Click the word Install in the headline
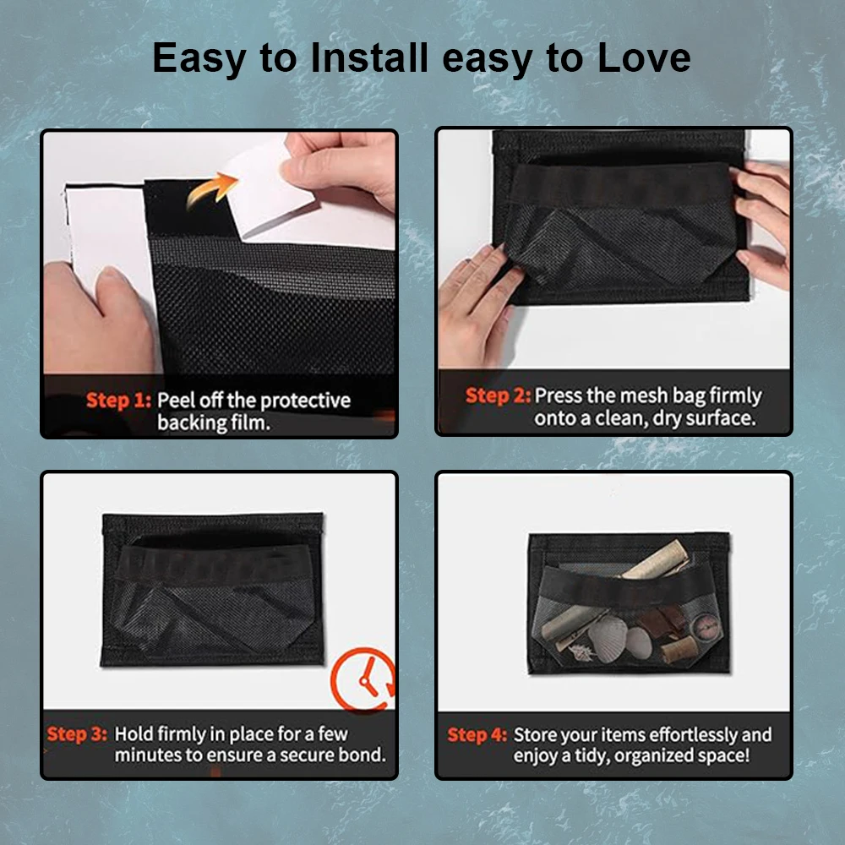[x=370, y=57]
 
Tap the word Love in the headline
[x=645, y=57]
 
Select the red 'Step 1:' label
[x=118, y=401]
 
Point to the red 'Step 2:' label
[x=498, y=395]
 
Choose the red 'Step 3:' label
[x=77, y=734]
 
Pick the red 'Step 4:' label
[x=477, y=735]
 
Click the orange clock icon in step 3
[x=363, y=680]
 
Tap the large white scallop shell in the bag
[x=607, y=638]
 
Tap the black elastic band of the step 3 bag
[x=213, y=564]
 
